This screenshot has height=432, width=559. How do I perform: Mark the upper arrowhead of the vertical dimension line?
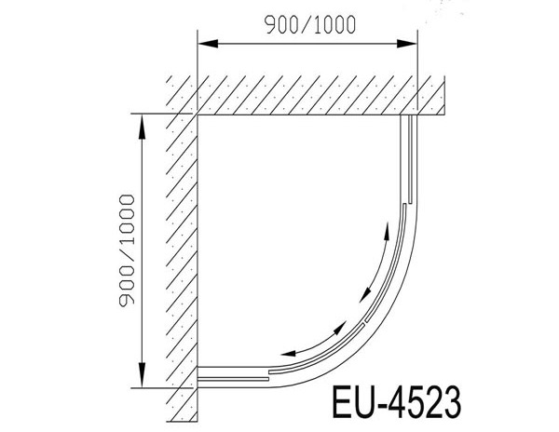click(x=142, y=121)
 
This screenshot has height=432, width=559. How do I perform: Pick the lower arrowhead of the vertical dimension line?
click(x=142, y=379)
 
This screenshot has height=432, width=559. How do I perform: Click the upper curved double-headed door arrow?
click(x=374, y=270)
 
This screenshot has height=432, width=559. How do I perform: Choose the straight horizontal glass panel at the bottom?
click(x=233, y=374)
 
